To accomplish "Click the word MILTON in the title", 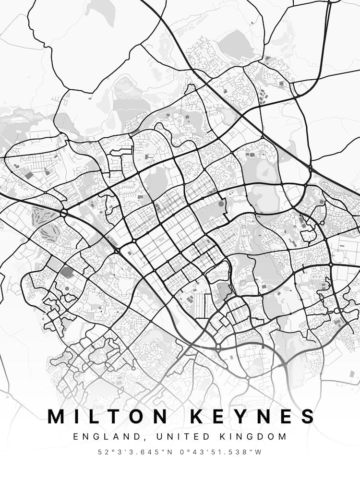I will (108, 416).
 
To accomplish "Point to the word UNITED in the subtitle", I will (161, 437).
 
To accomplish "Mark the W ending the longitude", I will (260, 452).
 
